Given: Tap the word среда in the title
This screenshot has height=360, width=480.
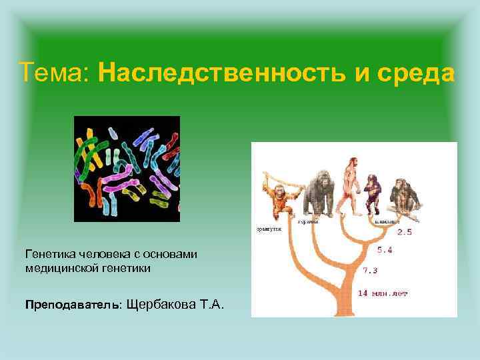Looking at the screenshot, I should click(x=414, y=72).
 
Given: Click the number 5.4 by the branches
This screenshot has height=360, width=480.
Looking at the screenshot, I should click(x=385, y=251).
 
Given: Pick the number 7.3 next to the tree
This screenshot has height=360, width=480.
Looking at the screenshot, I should click(x=370, y=271).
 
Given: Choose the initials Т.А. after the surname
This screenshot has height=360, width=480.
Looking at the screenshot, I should click(x=211, y=305).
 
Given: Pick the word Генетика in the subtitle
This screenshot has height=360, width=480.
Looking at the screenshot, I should click(x=49, y=255).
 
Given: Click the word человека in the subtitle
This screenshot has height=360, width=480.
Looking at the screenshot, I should click(x=100, y=255).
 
